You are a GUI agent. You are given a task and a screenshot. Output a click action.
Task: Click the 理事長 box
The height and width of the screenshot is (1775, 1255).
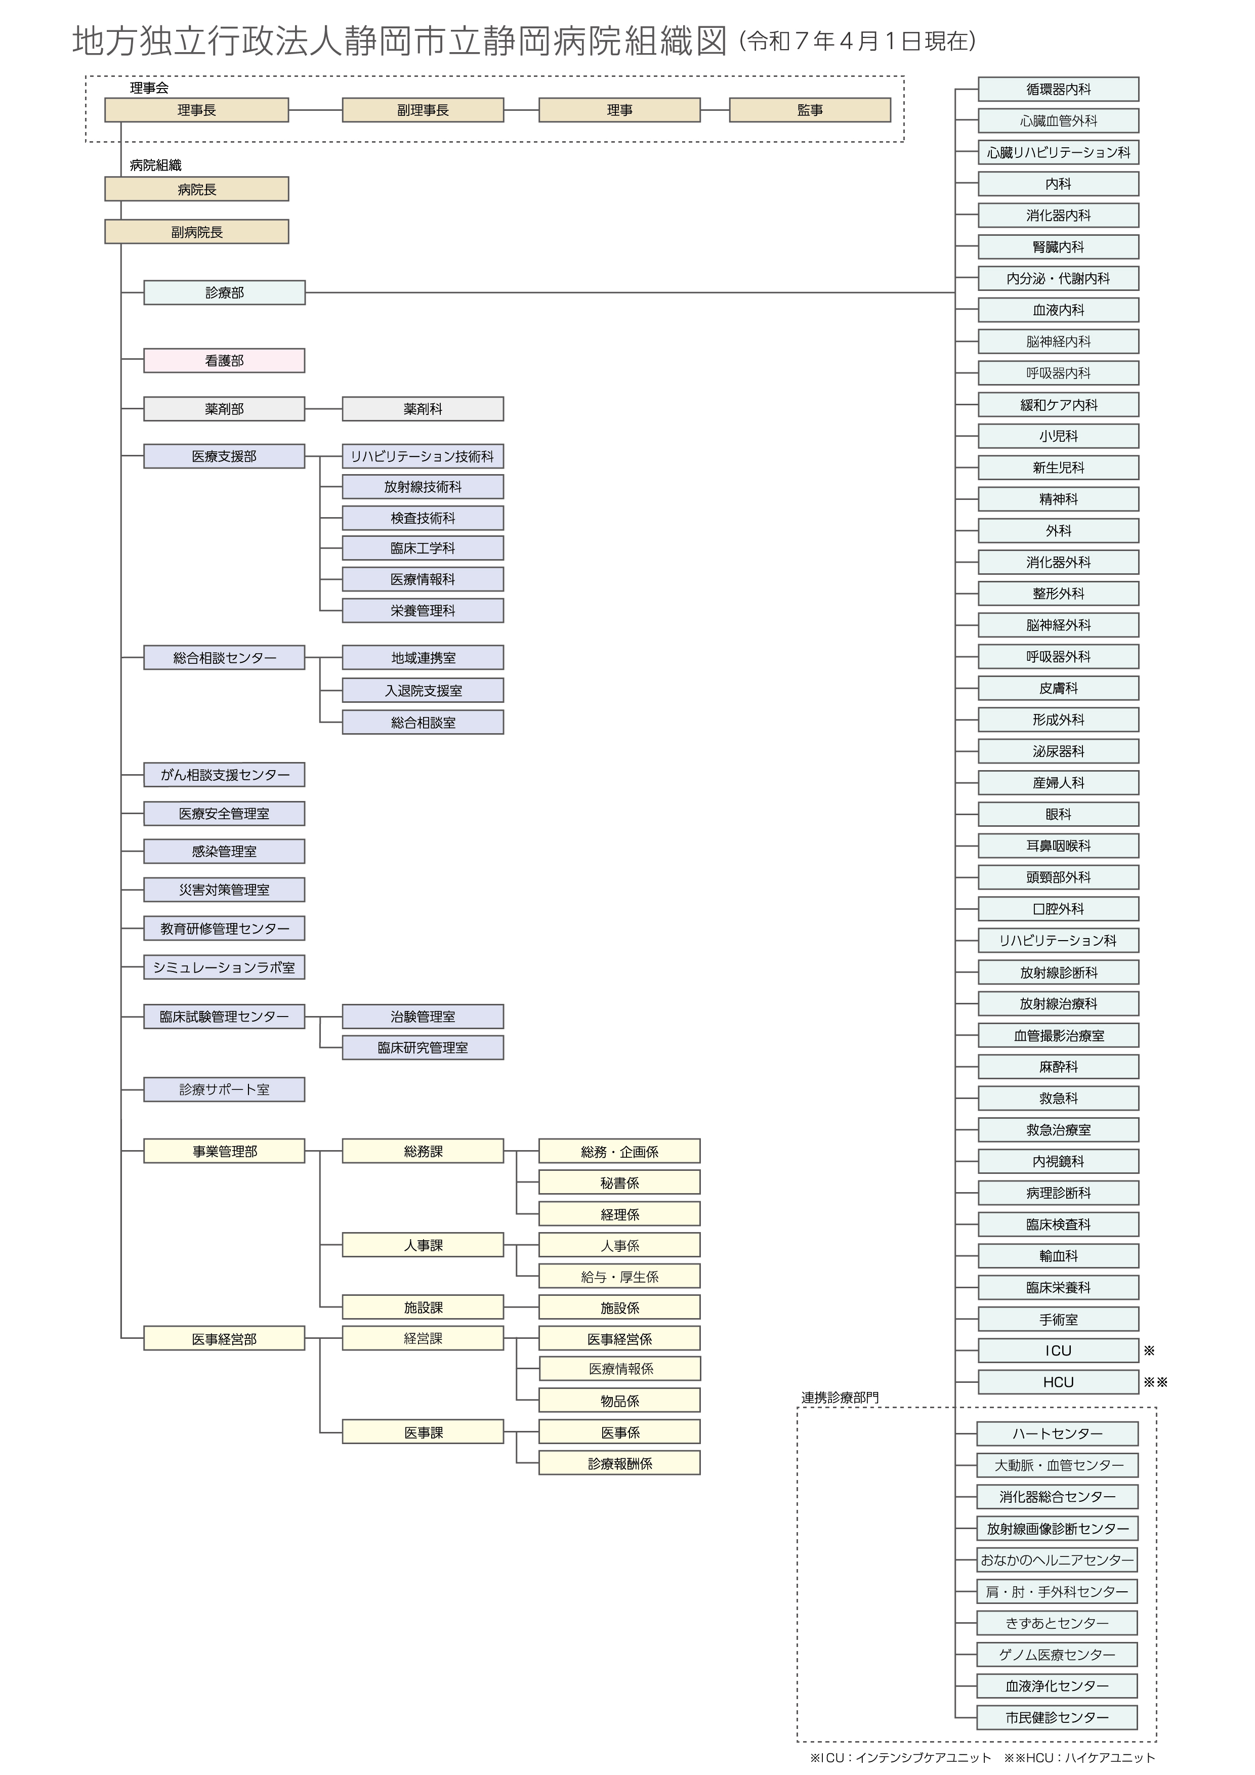pos(196,110)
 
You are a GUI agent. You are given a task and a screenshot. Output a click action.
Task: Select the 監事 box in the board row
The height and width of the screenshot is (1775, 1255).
pos(810,110)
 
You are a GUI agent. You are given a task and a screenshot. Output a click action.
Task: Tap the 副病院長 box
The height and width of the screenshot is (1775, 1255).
pos(196,231)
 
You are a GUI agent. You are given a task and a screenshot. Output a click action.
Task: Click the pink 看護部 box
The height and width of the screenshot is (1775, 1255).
pos(224,360)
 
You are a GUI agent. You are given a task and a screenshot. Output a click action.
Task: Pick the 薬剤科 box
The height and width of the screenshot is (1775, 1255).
pos(423,409)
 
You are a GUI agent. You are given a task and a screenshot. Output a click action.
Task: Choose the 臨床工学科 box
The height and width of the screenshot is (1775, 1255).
pos(423,548)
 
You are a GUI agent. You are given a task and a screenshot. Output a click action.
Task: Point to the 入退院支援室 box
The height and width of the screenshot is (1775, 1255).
pos(423,690)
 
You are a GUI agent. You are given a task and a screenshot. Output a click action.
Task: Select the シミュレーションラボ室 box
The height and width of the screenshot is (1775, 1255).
pos(224,967)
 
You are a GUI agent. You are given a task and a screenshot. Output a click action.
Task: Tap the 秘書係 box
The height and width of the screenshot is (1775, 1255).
pos(619,1183)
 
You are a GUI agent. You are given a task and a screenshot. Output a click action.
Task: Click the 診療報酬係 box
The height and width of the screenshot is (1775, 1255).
pos(619,1463)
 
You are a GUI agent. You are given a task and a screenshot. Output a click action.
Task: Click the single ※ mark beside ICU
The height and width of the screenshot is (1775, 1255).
pos(1149,1350)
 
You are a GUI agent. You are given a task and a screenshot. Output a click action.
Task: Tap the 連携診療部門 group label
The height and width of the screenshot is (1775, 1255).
pos(840,1398)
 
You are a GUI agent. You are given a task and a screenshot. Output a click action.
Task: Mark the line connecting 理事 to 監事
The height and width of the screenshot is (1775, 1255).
pos(715,110)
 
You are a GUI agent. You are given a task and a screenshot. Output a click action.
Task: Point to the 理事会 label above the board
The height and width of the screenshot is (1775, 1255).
pos(149,88)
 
